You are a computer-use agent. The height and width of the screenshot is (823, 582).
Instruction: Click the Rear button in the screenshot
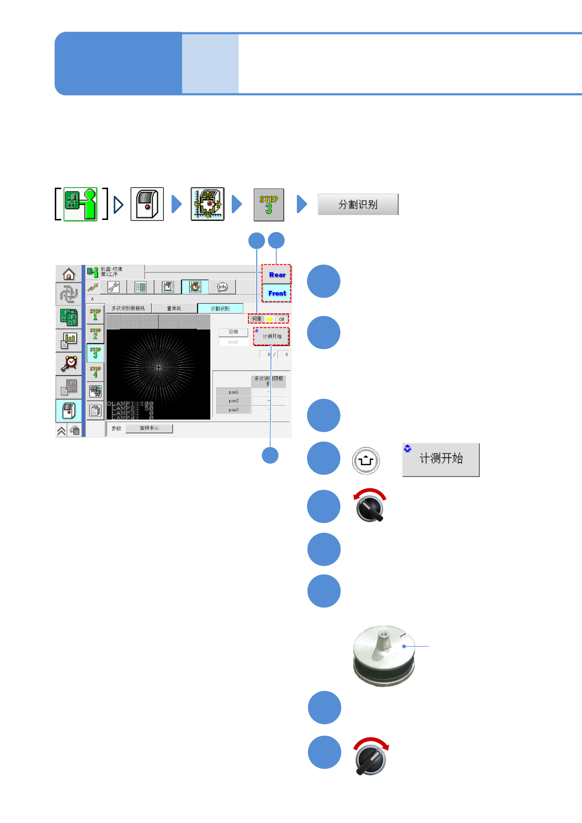coord(277,275)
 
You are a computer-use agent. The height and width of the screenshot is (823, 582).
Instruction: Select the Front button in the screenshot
coord(277,293)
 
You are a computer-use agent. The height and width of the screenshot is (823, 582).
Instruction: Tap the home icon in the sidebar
coord(69,274)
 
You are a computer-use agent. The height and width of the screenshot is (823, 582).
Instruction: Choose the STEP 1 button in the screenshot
coord(95,315)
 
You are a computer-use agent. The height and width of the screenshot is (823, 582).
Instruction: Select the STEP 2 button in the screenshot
coord(95,334)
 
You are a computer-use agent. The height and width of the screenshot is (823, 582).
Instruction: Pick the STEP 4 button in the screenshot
coord(95,372)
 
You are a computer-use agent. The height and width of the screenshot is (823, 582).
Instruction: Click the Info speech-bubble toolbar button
coord(222,287)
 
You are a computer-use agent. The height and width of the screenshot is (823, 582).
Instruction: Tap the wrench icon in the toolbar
coord(113,287)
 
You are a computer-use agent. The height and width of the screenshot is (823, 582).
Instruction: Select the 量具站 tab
coord(174,308)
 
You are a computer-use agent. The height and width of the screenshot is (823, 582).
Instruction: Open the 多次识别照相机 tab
coord(128,308)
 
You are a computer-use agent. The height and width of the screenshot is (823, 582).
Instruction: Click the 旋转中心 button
coord(149,428)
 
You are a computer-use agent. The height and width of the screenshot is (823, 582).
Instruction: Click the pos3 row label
coord(234,410)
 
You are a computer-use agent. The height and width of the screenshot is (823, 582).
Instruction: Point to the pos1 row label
coord(234,392)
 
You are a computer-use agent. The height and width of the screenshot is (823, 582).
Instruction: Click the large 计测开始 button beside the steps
coord(441,459)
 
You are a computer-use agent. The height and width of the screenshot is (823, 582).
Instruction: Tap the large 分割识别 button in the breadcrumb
coord(358,204)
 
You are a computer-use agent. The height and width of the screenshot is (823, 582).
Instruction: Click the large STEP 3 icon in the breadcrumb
coord(269,205)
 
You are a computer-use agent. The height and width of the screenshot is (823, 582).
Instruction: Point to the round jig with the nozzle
coord(384,655)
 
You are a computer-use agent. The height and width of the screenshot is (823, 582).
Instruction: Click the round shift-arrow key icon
coord(366,460)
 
